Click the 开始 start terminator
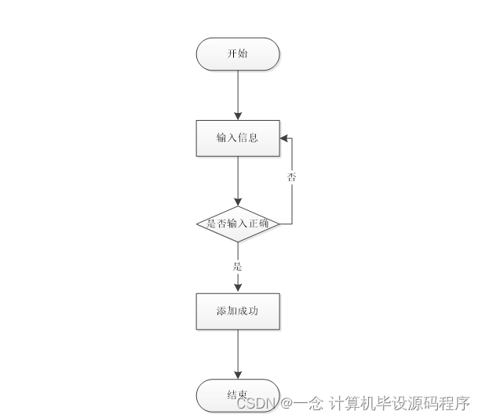(x=237, y=53)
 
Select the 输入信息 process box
(x=237, y=137)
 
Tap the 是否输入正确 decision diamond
(x=237, y=224)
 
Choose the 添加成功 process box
(x=237, y=311)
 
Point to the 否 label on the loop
(x=291, y=178)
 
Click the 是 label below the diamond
(x=237, y=267)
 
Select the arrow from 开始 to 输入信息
(x=237, y=94)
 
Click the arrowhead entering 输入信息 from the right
(x=284, y=137)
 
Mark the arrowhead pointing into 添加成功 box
(x=237, y=288)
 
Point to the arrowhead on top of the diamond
(x=237, y=202)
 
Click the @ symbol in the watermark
(x=287, y=403)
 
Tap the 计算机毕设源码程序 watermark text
(x=399, y=403)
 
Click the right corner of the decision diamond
(x=279, y=224)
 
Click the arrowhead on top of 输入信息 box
(x=237, y=114)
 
